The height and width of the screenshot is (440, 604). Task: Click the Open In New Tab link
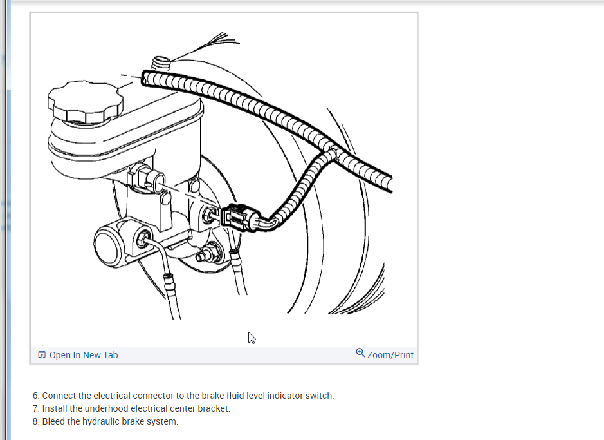point(84,355)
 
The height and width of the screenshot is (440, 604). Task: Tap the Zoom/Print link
point(390,355)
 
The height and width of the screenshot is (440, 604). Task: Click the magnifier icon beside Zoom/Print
point(360,353)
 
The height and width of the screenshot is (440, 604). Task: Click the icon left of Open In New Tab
point(42,355)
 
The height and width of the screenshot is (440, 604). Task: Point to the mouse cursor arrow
point(251,338)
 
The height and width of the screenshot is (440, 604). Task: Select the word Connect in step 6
point(59,396)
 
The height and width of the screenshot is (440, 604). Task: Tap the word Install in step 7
point(54,408)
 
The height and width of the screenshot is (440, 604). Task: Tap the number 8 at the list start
point(35,421)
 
